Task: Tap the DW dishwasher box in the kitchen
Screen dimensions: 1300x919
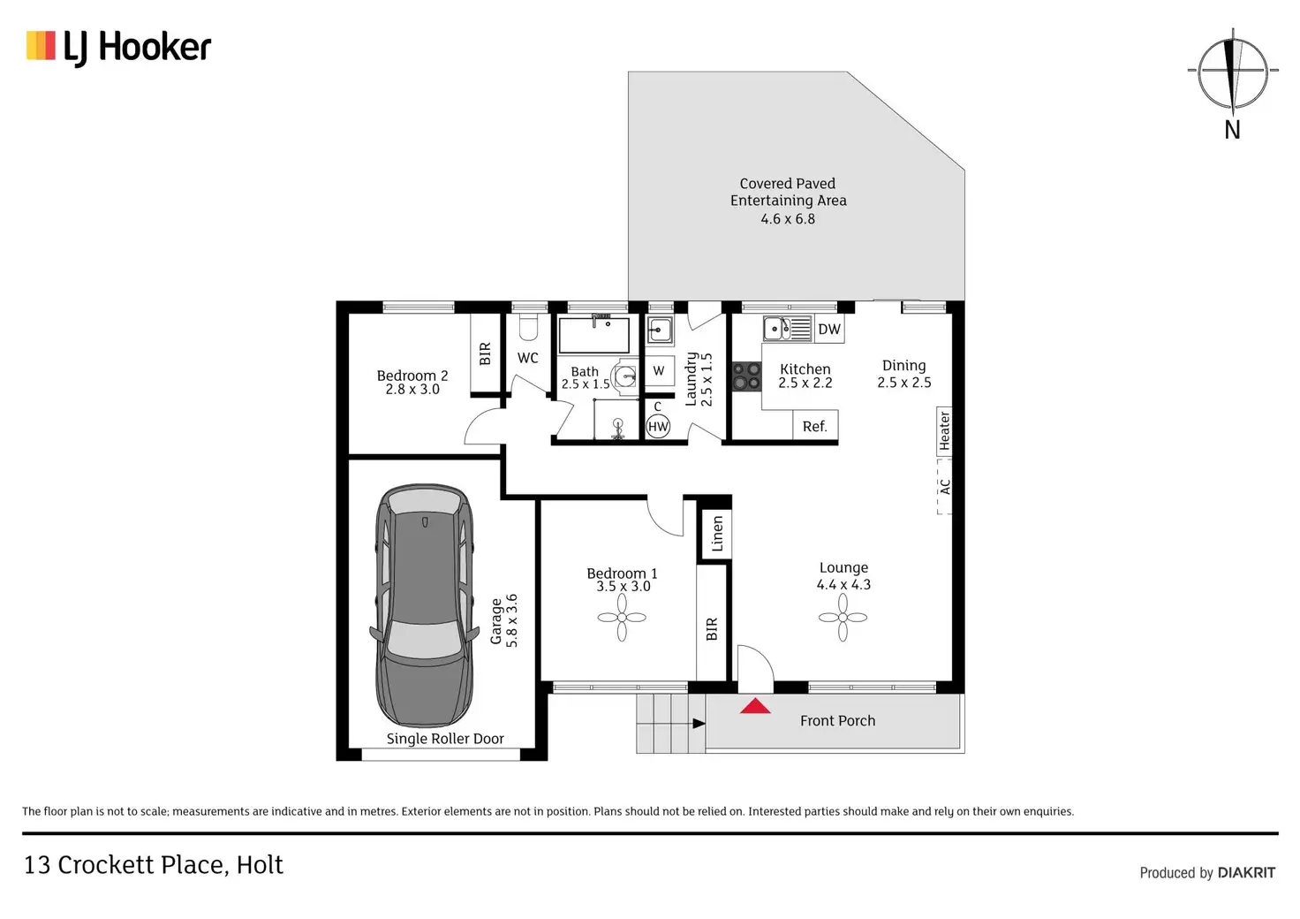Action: pos(829,330)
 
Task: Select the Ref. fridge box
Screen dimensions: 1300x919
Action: pos(815,426)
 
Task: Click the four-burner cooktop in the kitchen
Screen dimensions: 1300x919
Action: pos(746,376)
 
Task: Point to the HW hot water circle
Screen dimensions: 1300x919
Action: pos(658,427)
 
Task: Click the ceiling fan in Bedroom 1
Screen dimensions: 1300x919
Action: pos(622,618)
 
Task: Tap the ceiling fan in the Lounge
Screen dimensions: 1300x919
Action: pos(843,618)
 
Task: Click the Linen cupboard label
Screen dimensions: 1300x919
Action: pos(717,534)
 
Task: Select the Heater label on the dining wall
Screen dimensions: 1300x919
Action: pos(944,430)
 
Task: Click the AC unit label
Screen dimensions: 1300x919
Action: pos(945,487)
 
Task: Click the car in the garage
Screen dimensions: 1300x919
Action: pos(424,605)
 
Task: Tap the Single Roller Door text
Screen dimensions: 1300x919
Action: pos(445,739)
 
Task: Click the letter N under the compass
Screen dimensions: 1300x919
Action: pos(1232,130)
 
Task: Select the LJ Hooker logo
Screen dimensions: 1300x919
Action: pos(119,48)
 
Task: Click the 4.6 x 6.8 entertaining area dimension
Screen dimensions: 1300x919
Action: pos(788,219)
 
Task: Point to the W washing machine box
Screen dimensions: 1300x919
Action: pos(660,370)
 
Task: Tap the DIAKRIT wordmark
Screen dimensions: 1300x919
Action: pos(1247,872)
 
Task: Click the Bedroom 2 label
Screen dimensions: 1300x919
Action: pos(412,376)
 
